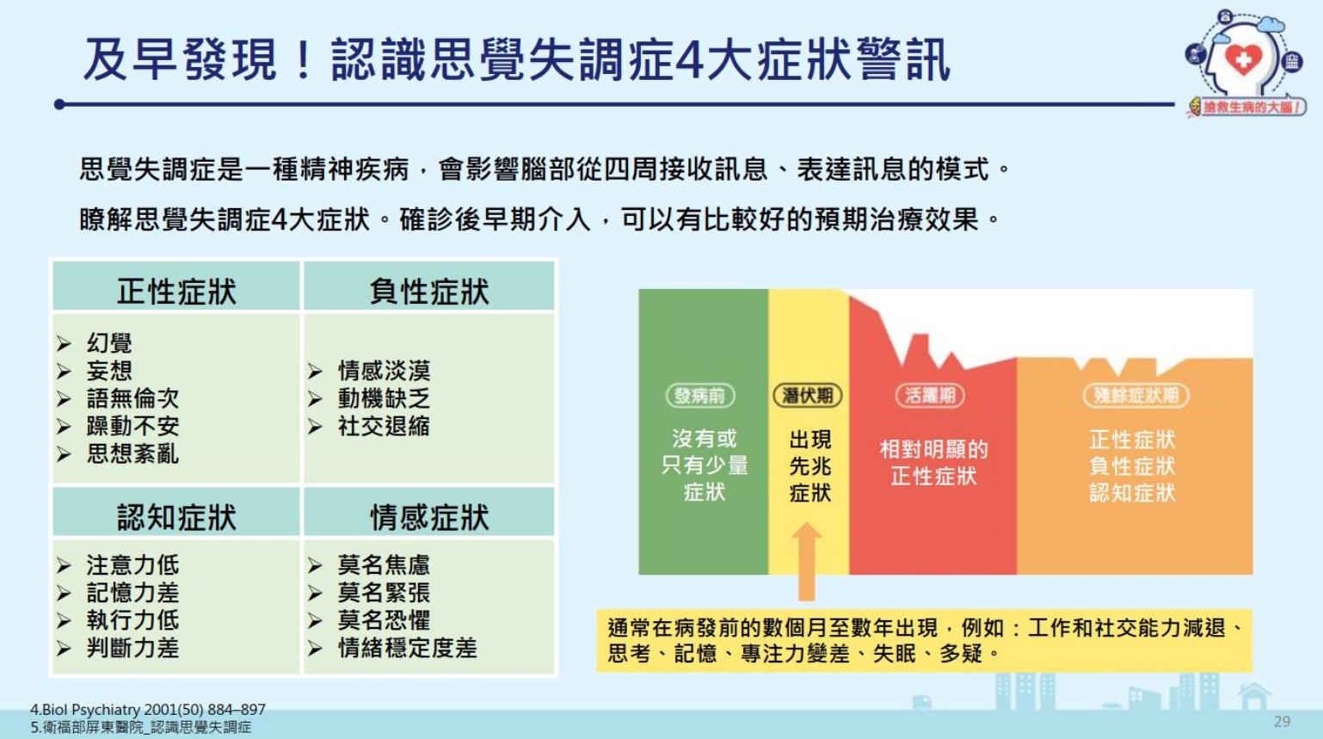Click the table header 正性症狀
pos(176,292)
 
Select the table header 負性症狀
pos(428,292)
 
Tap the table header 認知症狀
pos(176,518)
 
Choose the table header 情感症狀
pos(428,518)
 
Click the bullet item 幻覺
pos(108,342)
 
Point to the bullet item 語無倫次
pos(132,398)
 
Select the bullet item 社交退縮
pos(384,426)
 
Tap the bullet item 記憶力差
pos(132,593)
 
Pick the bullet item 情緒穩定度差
pos(407,648)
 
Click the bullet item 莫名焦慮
pos(384,564)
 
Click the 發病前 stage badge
pos(700,395)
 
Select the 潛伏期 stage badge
pos(808,395)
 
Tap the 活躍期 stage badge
pos(930,395)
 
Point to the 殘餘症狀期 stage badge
pos(1135,395)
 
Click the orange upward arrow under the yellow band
pos(806,562)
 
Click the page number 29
pos(1282,721)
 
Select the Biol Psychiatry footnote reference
pos(148,709)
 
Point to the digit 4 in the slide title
pos(688,59)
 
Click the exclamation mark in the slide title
pos(305,59)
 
